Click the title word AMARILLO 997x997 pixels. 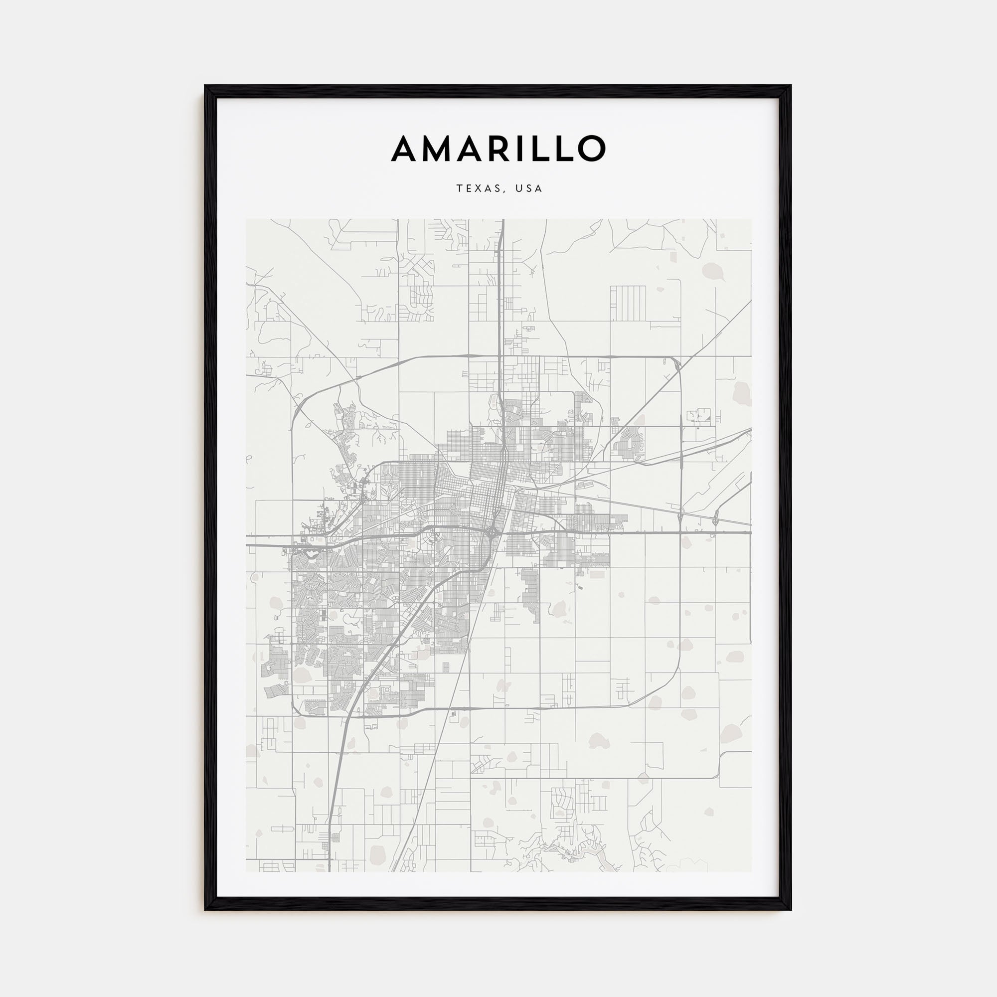pyautogui.click(x=498, y=149)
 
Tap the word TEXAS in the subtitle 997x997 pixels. pyautogui.click(x=478, y=189)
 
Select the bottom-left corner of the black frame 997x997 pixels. pyautogui.click(x=205, y=909)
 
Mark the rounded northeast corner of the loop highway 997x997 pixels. pyautogui.click(x=677, y=361)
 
